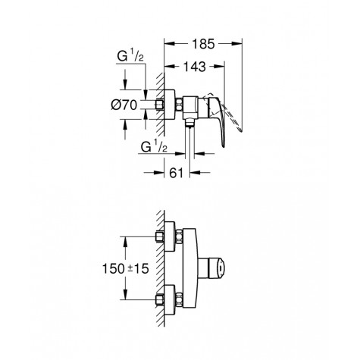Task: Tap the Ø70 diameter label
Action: pyautogui.click(x=124, y=105)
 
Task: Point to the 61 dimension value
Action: pyautogui.click(x=176, y=173)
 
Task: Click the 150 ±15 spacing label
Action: pyautogui.click(x=125, y=268)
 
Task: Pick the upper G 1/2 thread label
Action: pyautogui.click(x=130, y=57)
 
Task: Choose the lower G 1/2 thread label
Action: pyautogui.click(x=154, y=147)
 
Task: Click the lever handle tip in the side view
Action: pyautogui.click(x=223, y=146)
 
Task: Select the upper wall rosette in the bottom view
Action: pyautogui.click(x=169, y=236)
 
